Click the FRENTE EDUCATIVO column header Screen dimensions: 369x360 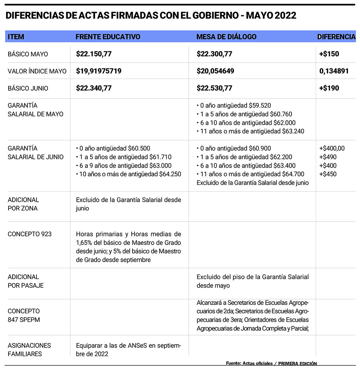pyautogui.click(x=108, y=37)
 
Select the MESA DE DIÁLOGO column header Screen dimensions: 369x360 pyautogui.click(x=226, y=37)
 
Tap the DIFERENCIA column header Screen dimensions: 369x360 pyautogui.click(x=336, y=37)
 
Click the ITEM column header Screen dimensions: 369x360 pyautogui.click(x=16, y=37)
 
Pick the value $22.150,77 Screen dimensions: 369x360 pyautogui.click(x=94, y=54)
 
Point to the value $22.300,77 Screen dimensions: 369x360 pyautogui.click(x=215, y=54)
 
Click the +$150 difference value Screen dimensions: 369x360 pyautogui.click(x=329, y=54)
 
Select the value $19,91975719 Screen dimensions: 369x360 pyautogui.click(x=99, y=71)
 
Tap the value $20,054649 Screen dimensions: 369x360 pyautogui.click(x=215, y=71)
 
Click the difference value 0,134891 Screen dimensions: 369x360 pyautogui.click(x=334, y=71)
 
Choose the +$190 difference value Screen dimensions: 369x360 pyautogui.click(x=329, y=88)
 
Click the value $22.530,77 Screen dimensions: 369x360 pyautogui.click(x=215, y=88)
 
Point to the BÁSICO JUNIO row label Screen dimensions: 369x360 pyautogui.click(x=28, y=88)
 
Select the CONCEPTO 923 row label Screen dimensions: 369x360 pyautogui.click(x=30, y=234)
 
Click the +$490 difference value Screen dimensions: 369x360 pyautogui.click(x=328, y=157)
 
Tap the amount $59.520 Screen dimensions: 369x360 pyautogui.click(x=260, y=106)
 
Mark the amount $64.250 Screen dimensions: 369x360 pyautogui.click(x=170, y=174)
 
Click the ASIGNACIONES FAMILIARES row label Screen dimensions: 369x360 pyautogui.click(x=29, y=350)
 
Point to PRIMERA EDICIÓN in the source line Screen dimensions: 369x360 pyautogui.click(x=297, y=364)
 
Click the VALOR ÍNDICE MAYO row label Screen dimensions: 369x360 pyautogui.click(x=37, y=71)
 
